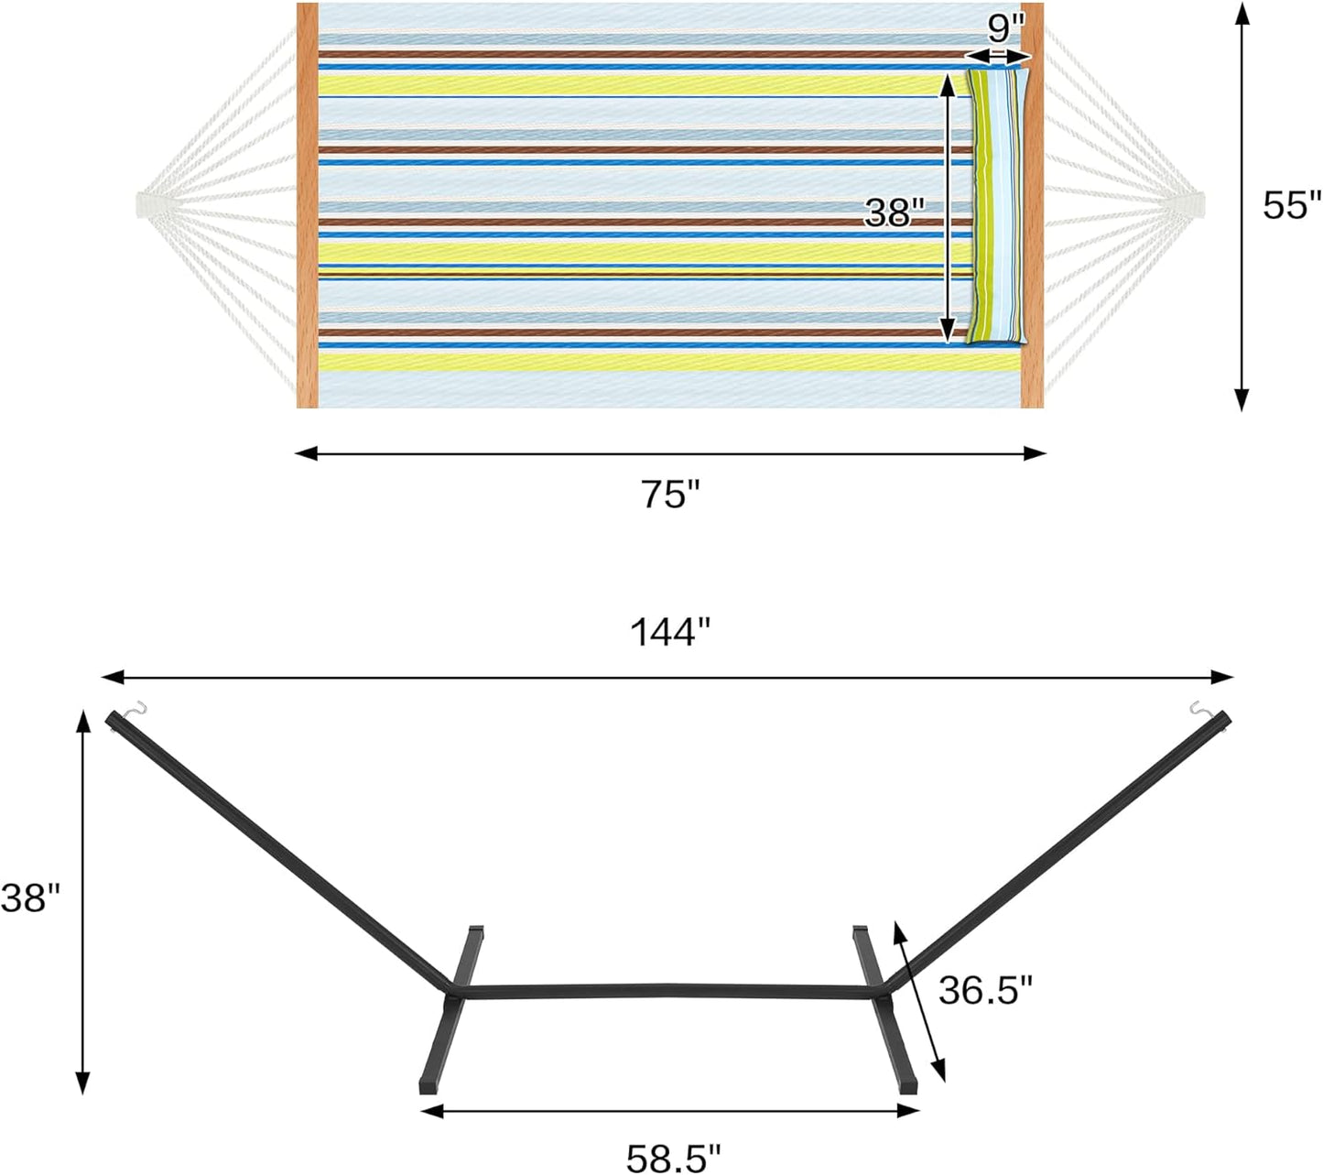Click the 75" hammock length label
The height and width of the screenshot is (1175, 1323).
(x=669, y=495)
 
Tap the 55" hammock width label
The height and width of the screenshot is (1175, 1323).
(x=1292, y=205)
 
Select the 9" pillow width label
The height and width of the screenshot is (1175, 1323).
(x=1005, y=29)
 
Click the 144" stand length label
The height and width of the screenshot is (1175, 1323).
(x=669, y=632)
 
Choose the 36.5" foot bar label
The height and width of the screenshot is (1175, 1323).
(x=985, y=990)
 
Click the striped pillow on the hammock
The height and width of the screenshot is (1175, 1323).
(x=998, y=207)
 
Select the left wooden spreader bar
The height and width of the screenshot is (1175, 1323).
(x=308, y=205)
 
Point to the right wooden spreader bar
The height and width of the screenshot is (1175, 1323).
(x=1033, y=205)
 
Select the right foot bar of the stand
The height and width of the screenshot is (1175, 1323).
(x=884, y=1007)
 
